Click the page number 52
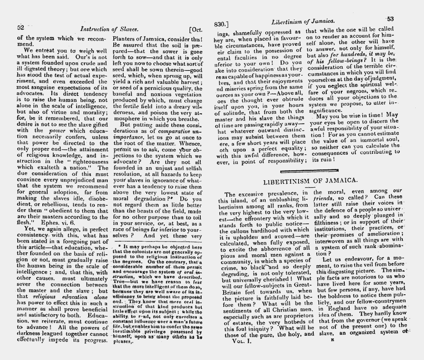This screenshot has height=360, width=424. [20, 27]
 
